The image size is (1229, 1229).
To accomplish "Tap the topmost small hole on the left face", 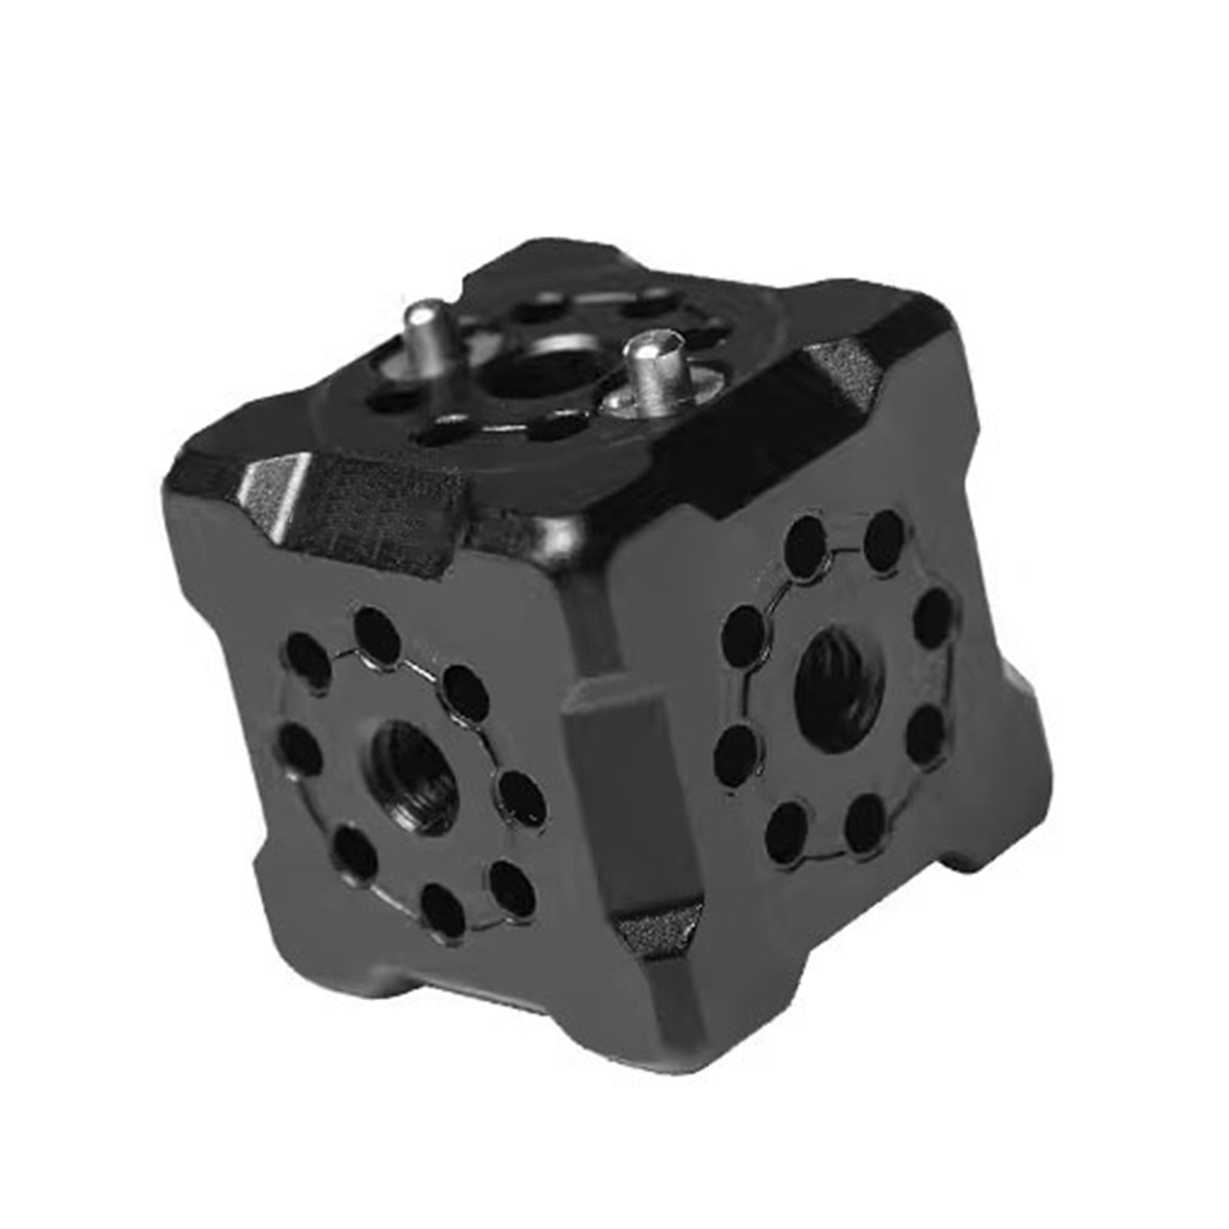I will tap(377, 633).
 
